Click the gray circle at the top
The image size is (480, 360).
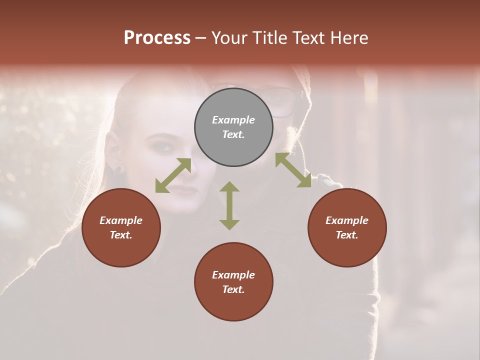tap(233, 127)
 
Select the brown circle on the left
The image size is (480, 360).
tap(121, 227)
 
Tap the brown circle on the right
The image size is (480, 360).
tap(347, 227)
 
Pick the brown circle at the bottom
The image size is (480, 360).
tap(233, 282)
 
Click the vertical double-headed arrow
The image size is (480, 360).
tap(229, 205)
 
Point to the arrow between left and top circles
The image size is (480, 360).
tap(173, 175)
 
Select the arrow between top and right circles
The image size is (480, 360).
tap(293, 170)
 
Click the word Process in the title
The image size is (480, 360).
tap(157, 38)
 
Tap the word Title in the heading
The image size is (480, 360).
tap(269, 38)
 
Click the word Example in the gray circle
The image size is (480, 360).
tap(233, 120)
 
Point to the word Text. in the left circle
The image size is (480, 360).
tap(121, 235)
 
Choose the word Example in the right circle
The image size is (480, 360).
tap(347, 220)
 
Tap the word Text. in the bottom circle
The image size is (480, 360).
tap(233, 289)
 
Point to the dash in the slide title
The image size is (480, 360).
tap(201, 38)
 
